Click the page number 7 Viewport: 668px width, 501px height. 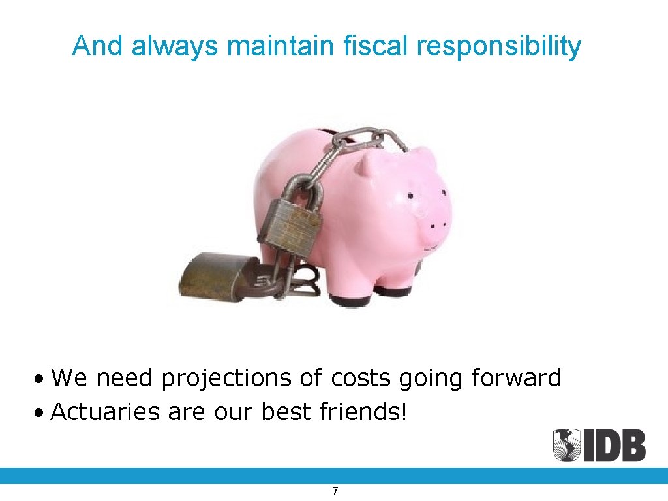pos(335,491)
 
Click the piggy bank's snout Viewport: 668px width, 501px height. pos(435,226)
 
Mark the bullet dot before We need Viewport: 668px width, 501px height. pos(40,379)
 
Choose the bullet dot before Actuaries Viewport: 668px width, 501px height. pos(40,413)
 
